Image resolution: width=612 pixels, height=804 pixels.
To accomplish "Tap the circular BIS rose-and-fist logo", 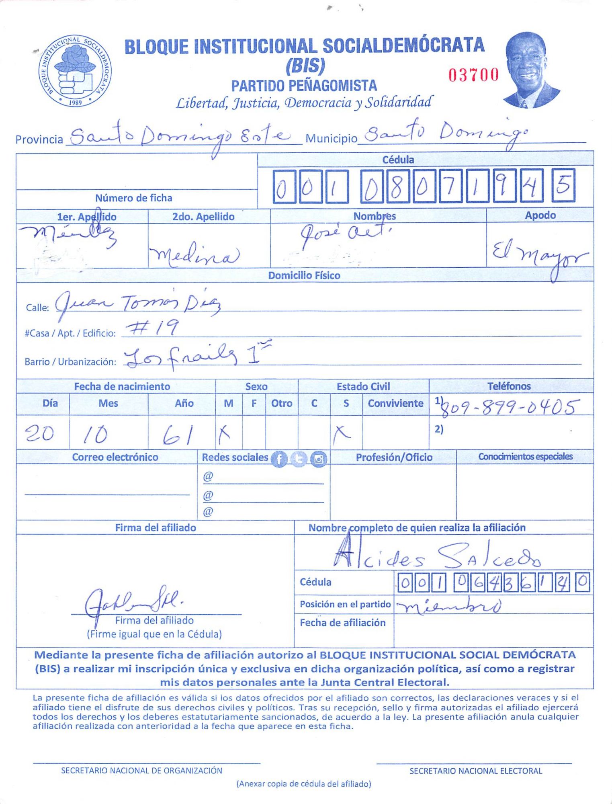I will [75, 71].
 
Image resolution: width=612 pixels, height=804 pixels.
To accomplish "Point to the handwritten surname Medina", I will [194, 254].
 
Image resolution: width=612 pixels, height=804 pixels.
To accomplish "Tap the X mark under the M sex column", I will [225, 434].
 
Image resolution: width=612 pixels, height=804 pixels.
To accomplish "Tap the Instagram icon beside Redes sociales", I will [319, 459].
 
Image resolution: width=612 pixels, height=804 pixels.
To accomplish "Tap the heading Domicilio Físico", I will [304, 275].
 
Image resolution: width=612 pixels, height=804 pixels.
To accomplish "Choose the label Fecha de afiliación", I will [342, 623].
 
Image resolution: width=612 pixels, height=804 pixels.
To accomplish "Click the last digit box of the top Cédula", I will [563, 186].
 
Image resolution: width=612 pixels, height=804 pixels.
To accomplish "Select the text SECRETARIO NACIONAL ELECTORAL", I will [476, 771].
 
